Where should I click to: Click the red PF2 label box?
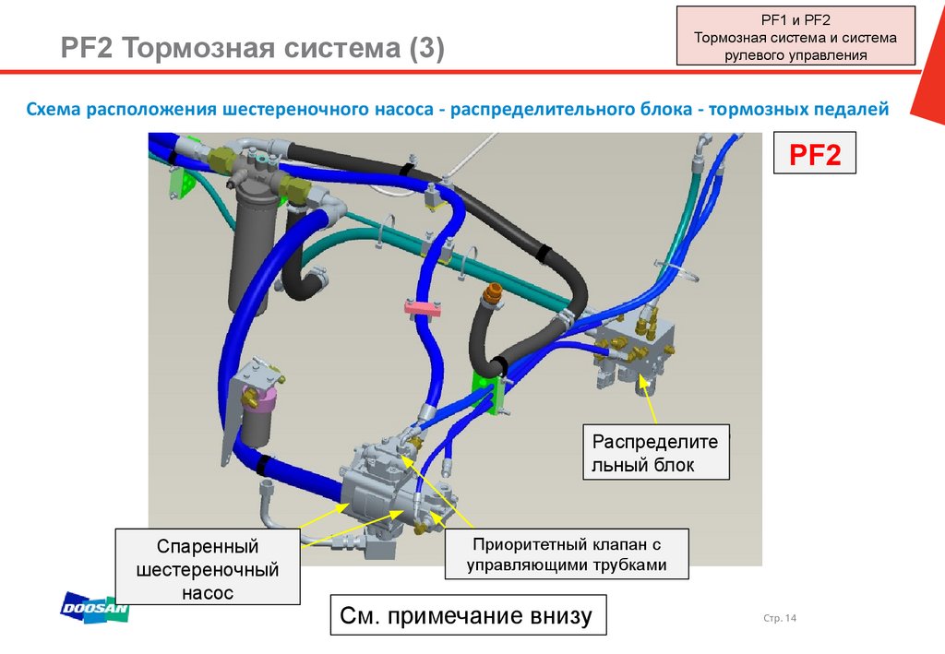[x=814, y=153]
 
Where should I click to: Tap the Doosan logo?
[x=95, y=605]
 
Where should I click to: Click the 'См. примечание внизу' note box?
[x=469, y=615]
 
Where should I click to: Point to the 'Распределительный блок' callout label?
[x=656, y=452]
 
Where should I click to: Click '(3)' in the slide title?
[x=422, y=47]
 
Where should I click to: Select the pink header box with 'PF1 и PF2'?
[x=795, y=36]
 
